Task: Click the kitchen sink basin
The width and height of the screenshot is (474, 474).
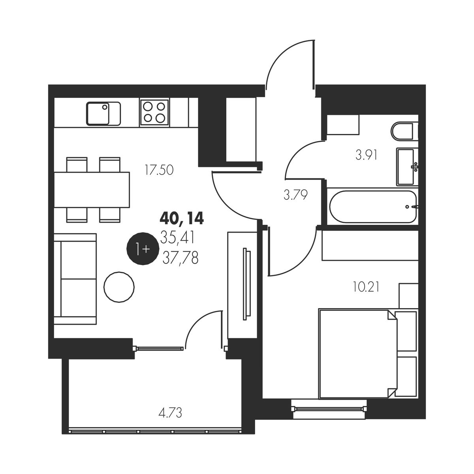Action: coord(103,113)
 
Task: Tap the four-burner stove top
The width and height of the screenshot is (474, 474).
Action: coord(154,113)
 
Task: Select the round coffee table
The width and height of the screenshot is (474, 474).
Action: coord(119,287)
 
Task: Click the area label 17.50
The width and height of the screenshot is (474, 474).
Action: coord(159,170)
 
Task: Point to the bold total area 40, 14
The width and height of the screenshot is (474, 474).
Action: coord(182,218)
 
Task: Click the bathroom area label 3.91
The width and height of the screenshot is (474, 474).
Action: coord(366,155)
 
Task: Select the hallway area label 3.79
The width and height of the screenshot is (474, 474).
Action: coord(296,195)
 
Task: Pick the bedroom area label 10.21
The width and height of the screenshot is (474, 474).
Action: coord(366,287)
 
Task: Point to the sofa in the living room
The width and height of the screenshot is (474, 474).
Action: coord(75,279)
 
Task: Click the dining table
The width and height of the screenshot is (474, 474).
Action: coord(92,190)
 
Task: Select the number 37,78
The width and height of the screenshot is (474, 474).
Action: coord(181,259)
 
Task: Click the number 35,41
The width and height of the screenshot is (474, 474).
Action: coord(177,238)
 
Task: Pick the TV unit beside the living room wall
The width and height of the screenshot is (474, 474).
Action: coord(243,285)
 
